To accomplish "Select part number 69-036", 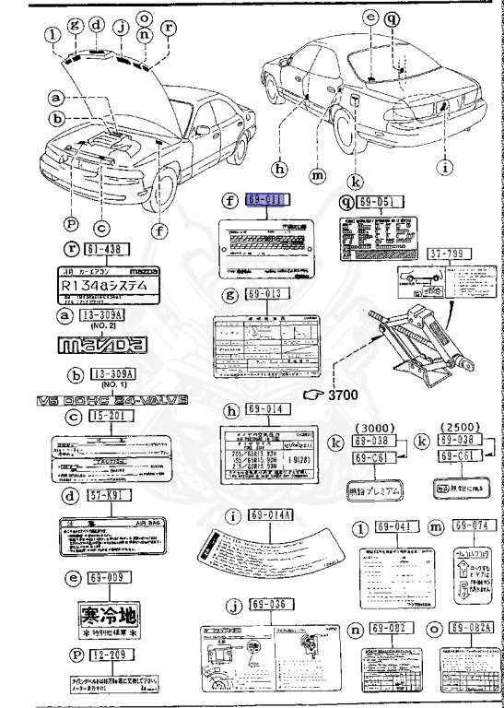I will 268,605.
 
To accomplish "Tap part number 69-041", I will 390,526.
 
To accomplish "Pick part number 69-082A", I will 469,628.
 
